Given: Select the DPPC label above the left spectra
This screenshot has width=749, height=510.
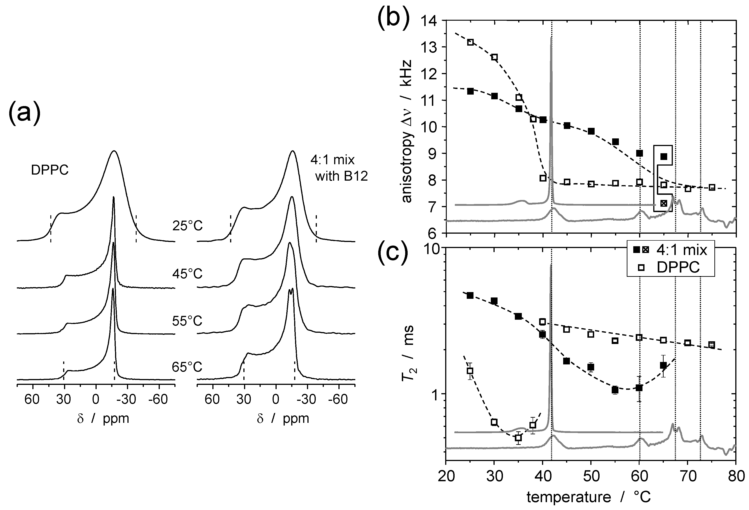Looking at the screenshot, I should click(x=50, y=170).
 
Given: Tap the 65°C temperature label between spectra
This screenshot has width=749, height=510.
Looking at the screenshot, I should click(x=187, y=367).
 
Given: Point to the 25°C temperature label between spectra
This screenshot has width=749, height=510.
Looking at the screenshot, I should click(x=187, y=226).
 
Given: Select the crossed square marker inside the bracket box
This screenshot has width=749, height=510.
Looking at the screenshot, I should click(x=663, y=203).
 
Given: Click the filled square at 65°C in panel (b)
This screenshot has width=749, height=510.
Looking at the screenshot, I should click(x=664, y=157).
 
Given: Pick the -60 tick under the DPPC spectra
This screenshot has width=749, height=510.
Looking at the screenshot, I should click(x=158, y=399).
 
